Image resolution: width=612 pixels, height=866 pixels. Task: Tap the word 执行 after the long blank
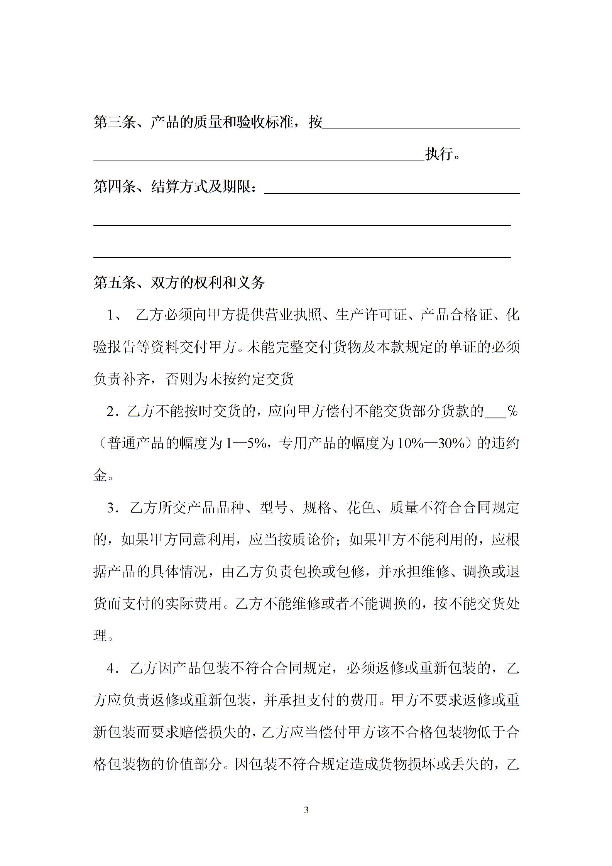[x=439, y=154]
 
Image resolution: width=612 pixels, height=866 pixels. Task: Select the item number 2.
[x=112, y=412]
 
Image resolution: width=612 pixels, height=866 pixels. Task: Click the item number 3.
[x=112, y=508]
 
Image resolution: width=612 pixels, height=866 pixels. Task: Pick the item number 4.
[x=112, y=668]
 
